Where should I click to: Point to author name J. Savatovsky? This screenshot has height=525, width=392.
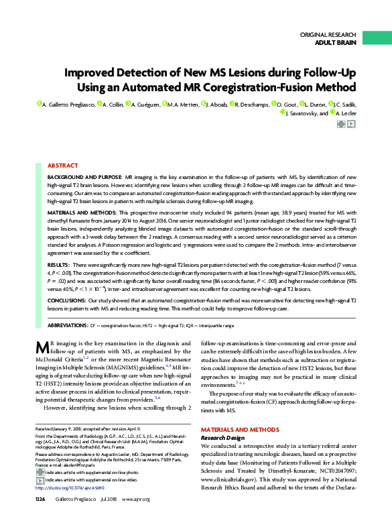(307, 113)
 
